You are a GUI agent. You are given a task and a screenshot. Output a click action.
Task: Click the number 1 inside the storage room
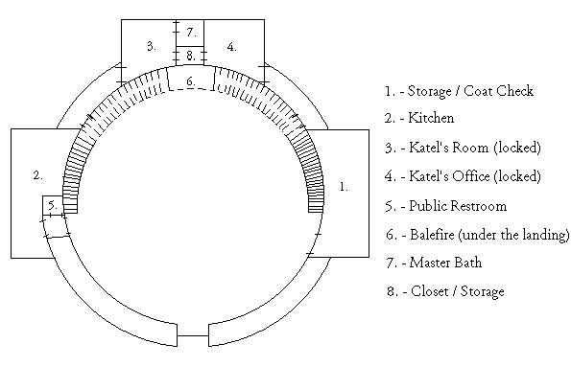pyautogui.click(x=344, y=187)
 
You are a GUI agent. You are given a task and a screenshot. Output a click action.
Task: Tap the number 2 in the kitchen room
pyautogui.click(x=37, y=175)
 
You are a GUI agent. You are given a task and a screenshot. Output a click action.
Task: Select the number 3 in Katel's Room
pyautogui.click(x=152, y=46)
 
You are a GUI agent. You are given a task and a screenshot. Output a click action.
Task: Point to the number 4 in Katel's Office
pyautogui.click(x=231, y=47)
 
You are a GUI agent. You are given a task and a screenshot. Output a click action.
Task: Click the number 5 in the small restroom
pyautogui.click(x=53, y=205)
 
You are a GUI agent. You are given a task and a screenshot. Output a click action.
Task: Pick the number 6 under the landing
pyautogui.click(x=191, y=81)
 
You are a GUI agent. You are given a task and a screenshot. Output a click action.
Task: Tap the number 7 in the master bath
pyautogui.click(x=191, y=33)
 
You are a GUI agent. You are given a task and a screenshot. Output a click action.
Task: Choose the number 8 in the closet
pyautogui.click(x=191, y=56)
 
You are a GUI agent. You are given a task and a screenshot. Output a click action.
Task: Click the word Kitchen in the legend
pyautogui.click(x=431, y=118)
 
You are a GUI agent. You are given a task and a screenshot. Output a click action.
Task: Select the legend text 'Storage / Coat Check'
pyautogui.click(x=470, y=91)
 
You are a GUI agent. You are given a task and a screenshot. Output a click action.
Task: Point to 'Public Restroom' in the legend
pyautogui.click(x=458, y=206)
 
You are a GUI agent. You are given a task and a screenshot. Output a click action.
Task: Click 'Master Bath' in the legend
pyautogui.click(x=445, y=263)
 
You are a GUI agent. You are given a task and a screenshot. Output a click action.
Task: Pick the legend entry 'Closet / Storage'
pyautogui.click(x=458, y=291)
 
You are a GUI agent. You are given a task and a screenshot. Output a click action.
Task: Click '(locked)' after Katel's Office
pyautogui.click(x=517, y=176)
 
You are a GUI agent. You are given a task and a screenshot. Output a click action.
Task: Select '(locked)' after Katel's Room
pyautogui.click(x=517, y=148)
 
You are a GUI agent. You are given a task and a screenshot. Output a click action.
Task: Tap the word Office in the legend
pyautogui.click(x=471, y=176)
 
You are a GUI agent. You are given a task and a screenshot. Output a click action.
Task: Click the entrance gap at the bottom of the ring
pyautogui.click(x=193, y=335)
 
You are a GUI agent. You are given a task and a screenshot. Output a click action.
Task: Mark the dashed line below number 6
pyautogui.click(x=191, y=89)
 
